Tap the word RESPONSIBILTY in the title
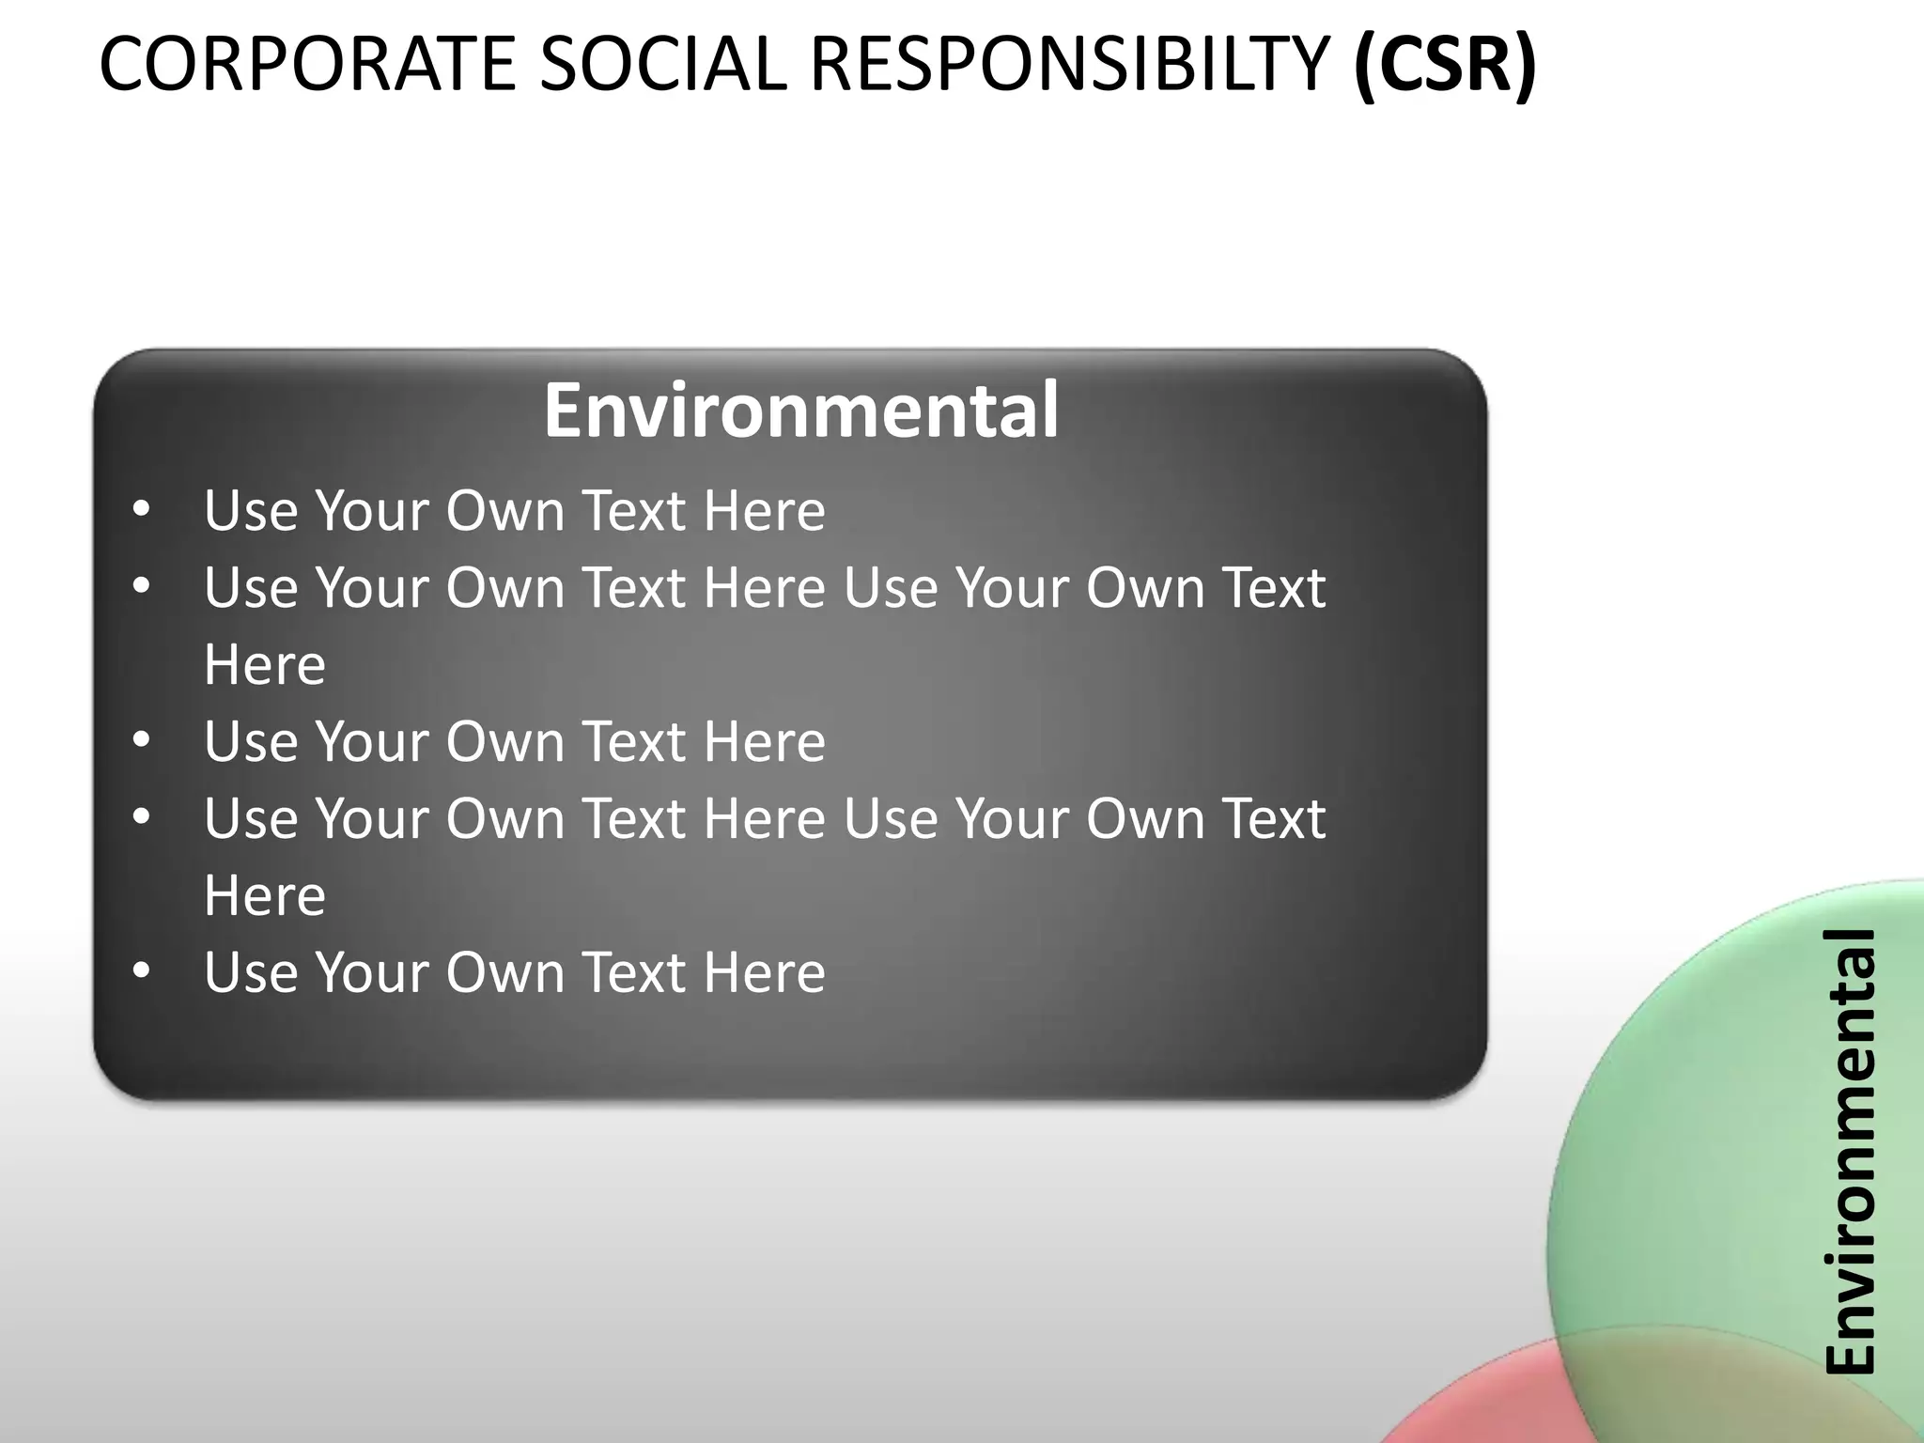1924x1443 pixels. click(x=1069, y=64)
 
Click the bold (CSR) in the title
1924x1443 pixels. click(x=1445, y=64)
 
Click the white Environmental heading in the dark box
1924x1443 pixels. click(x=801, y=411)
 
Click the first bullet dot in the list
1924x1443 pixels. click(x=142, y=510)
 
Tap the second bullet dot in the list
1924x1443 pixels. click(x=142, y=587)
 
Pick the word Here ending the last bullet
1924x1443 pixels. click(x=764, y=972)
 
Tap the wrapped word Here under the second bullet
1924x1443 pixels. click(x=265, y=665)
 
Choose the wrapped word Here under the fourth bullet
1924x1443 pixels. click(x=265, y=896)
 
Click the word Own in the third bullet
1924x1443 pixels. click(x=505, y=741)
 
